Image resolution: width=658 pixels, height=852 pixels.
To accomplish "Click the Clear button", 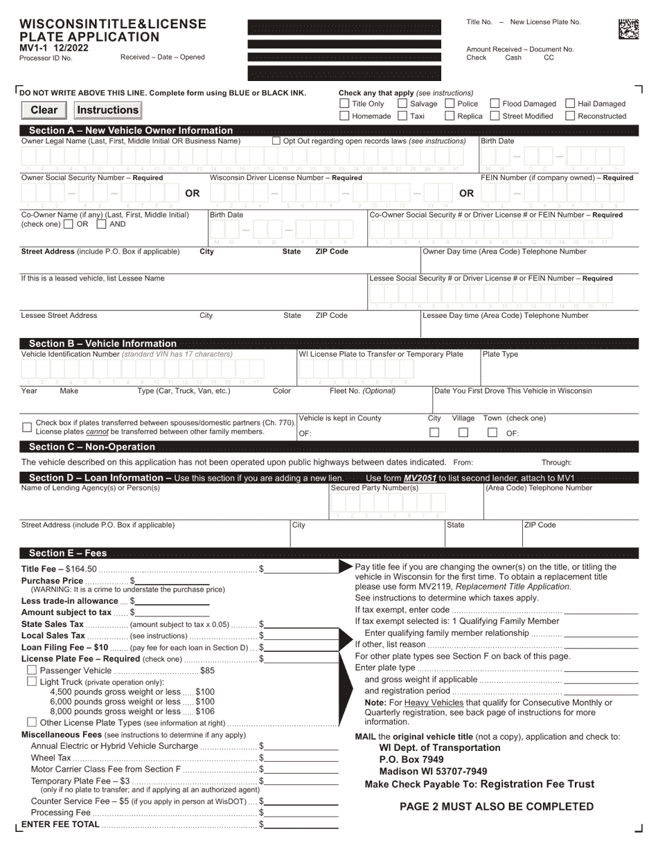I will pyautogui.click(x=44, y=110).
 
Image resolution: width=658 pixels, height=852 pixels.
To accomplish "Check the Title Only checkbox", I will pyautogui.click(x=344, y=104).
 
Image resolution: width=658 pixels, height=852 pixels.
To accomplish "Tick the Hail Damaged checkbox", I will pyautogui.click(x=570, y=104).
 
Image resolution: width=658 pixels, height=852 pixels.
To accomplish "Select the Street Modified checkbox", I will pyautogui.click(x=495, y=116).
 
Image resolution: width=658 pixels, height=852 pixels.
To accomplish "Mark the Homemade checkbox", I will pyautogui.click(x=344, y=116).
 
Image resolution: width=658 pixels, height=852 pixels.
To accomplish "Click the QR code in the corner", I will pyautogui.click(x=628, y=28).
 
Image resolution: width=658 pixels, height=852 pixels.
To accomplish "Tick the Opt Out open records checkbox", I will pyautogui.click(x=276, y=141).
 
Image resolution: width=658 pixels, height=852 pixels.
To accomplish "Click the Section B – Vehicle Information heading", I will pyautogui.click(x=103, y=344).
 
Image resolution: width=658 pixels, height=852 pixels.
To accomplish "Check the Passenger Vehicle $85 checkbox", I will pyautogui.click(x=31, y=671).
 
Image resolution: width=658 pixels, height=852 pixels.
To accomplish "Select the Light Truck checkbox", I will pyautogui.click(x=31, y=682).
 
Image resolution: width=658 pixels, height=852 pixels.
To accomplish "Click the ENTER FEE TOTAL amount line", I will pyautogui.click(x=302, y=824).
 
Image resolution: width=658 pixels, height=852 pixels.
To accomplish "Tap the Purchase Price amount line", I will pyautogui.click(x=172, y=580).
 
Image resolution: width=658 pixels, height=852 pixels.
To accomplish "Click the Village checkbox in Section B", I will pyautogui.click(x=463, y=433).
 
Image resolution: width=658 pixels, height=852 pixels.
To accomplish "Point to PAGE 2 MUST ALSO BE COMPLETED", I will pyautogui.click(x=497, y=806).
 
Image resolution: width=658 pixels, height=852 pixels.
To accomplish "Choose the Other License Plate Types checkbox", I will pyautogui.click(x=31, y=722).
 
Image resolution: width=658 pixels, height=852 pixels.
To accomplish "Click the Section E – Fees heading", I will pyautogui.click(x=68, y=553).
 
